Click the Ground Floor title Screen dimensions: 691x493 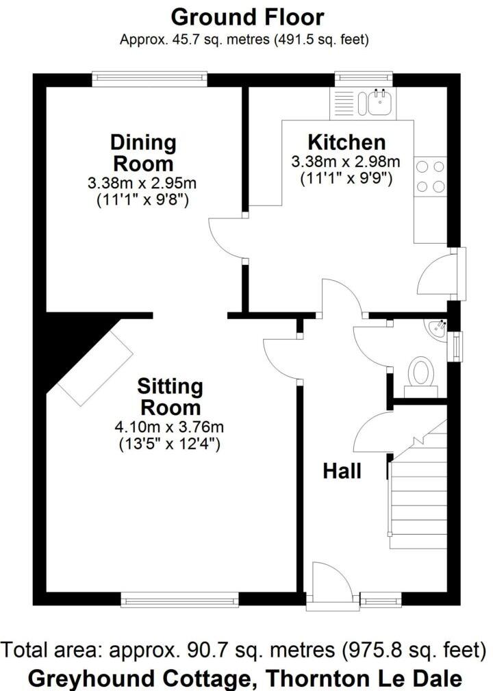pyautogui.click(x=247, y=16)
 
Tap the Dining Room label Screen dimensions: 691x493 pyautogui.click(x=143, y=153)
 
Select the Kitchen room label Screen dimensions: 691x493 pyautogui.click(x=346, y=142)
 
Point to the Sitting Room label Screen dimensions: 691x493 pyautogui.click(x=170, y=397)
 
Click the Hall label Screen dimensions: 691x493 pyautogui.click(x=342, y=471)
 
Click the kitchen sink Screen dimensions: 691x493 pyautogui.click(x=378, y=103)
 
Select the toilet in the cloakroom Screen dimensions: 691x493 pyautogui.click(x=420, y=375)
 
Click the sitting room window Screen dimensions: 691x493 pyautogui.click(x=179, y=601)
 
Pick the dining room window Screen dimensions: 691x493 pyautogui.click(x=150, y=79)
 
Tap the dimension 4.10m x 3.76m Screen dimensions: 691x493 pyautogui.click(x=170, y=427)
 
